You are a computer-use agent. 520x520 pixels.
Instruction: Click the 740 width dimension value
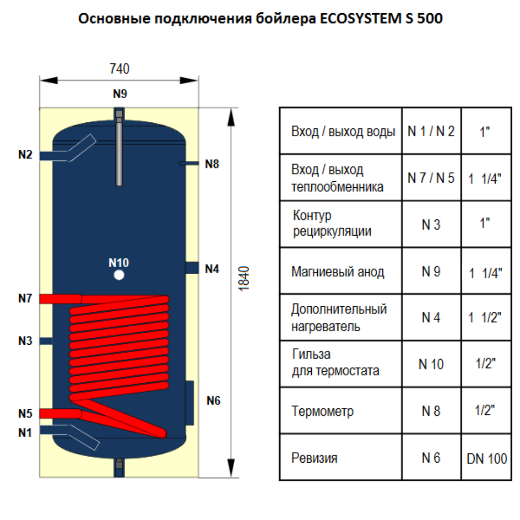(x=119, y=69)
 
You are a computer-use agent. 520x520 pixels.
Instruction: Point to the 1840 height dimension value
(x=244, y=279)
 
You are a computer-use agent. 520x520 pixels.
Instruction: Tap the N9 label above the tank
(x=120, y=94)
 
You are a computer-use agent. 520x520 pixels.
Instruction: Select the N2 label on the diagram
(x=25, y=154)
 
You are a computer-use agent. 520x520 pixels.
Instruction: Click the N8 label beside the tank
(x=212, y=164)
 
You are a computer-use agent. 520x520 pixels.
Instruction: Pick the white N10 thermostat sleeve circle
(x=119, y=275)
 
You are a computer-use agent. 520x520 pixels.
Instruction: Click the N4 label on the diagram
(x=212, y=269)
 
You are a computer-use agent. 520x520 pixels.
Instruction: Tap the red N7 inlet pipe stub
(x=60, y=299)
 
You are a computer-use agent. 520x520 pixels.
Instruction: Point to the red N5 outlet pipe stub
(x=60, y=413)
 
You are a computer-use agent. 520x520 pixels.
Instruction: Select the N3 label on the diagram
(x=25, y=341)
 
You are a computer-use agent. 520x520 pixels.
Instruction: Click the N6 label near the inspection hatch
(x=213, y=401)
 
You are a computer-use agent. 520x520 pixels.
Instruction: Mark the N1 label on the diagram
(x=25, y=433)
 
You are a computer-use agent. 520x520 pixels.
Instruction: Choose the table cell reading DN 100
(x=486, y=459)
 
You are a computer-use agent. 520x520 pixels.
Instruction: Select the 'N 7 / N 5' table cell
(x=431, y=178)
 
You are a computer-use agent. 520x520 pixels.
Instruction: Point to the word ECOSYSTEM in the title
(x=361, y=19)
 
